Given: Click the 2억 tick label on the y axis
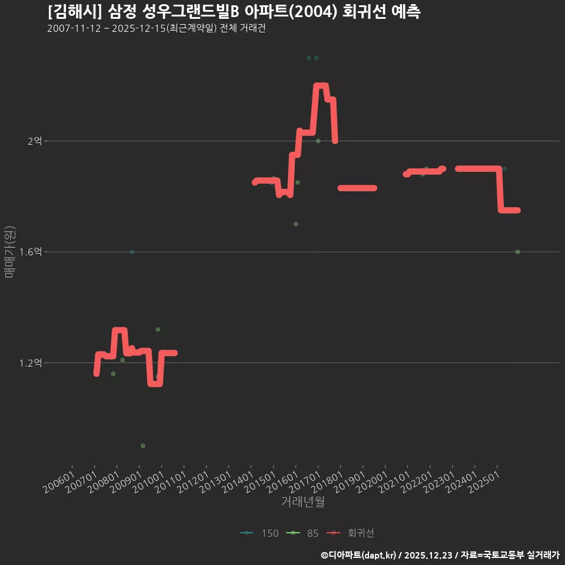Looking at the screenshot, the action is tap(35, 141).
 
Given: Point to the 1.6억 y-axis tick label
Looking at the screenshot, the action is tap(31, 251).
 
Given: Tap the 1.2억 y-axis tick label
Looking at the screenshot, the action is tap(31, 363).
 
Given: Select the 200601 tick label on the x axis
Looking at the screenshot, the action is tap(59, 482).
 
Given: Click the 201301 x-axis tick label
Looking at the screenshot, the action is tap(215, 482).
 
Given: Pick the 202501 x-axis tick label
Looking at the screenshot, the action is tap(484, 482).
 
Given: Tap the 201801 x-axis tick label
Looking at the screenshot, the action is tap(327, 482).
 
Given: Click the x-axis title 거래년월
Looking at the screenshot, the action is tap(303, 501).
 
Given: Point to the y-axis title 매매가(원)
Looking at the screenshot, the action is tap(10, 252).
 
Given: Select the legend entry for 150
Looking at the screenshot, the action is tap(260, 533).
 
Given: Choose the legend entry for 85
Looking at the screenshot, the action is tap(303, 533).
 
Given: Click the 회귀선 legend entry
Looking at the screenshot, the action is tap(350, 533).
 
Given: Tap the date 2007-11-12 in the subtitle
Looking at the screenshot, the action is tap(74, 28).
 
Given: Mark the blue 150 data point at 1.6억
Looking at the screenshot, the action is tap(132, 252).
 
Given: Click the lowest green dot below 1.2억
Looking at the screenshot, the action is tap(143, 446).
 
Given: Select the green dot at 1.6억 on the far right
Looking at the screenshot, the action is tap(517, 252).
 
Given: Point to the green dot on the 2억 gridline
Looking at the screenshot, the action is tap(318, 141).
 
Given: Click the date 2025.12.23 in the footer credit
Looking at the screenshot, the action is tap(428, 555).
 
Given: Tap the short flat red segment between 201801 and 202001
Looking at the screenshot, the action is tap(357, 188).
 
